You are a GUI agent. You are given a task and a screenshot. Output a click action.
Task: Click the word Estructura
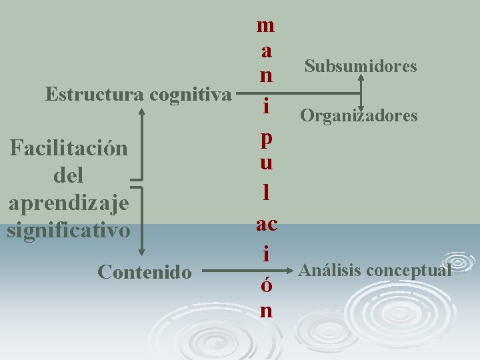95,95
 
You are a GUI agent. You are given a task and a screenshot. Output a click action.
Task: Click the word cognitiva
190,95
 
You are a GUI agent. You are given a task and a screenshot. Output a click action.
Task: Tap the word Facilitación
68,147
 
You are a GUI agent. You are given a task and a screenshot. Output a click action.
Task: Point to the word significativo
68,231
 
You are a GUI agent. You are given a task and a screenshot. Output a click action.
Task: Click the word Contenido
145,272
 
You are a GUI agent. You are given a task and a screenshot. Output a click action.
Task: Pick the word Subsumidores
361,67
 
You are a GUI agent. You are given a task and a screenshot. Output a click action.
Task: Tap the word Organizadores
359,116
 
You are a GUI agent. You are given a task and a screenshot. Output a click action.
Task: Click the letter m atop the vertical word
265,25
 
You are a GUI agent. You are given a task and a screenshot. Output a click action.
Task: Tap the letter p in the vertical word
265,139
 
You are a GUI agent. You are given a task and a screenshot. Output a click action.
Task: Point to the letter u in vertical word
265,162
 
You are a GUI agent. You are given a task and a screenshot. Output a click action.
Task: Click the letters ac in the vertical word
266,224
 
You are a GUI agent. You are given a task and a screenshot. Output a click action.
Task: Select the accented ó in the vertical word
265,285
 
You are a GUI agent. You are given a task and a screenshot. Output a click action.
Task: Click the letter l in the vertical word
266,193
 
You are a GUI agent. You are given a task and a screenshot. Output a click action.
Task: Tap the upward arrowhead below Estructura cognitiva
142,111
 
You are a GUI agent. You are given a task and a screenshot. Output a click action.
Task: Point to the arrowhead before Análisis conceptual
290,271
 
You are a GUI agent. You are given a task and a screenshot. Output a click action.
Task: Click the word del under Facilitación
67,176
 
